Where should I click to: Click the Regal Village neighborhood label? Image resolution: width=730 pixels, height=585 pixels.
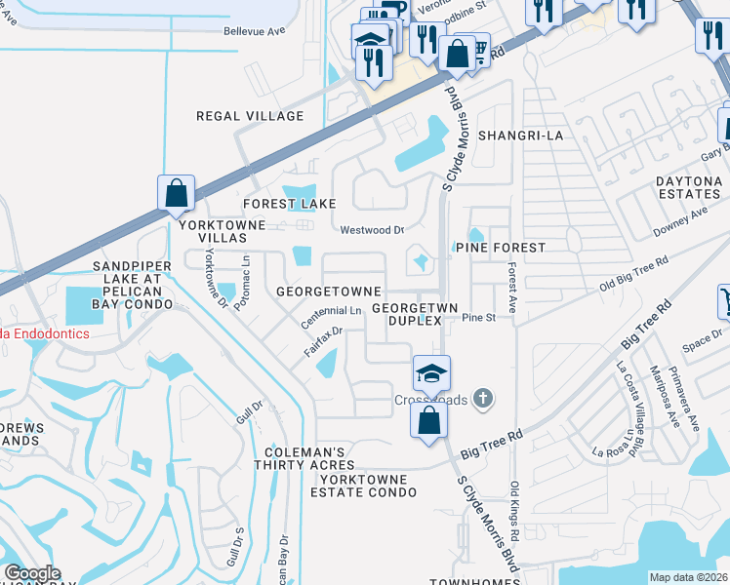point(250,116)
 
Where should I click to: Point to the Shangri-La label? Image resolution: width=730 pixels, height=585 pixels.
point(519,136)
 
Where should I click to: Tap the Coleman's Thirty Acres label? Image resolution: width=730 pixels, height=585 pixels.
point(305,459)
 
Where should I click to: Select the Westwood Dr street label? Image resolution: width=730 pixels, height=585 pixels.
point(372,231)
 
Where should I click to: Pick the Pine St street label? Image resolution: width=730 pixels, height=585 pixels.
point(479,318)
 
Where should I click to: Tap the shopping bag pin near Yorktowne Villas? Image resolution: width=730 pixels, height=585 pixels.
point(176,194)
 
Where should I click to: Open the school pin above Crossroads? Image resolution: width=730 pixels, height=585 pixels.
point(430,373)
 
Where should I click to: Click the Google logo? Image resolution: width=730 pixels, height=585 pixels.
point(32,573)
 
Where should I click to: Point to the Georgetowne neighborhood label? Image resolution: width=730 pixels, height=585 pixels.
point(328,292)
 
